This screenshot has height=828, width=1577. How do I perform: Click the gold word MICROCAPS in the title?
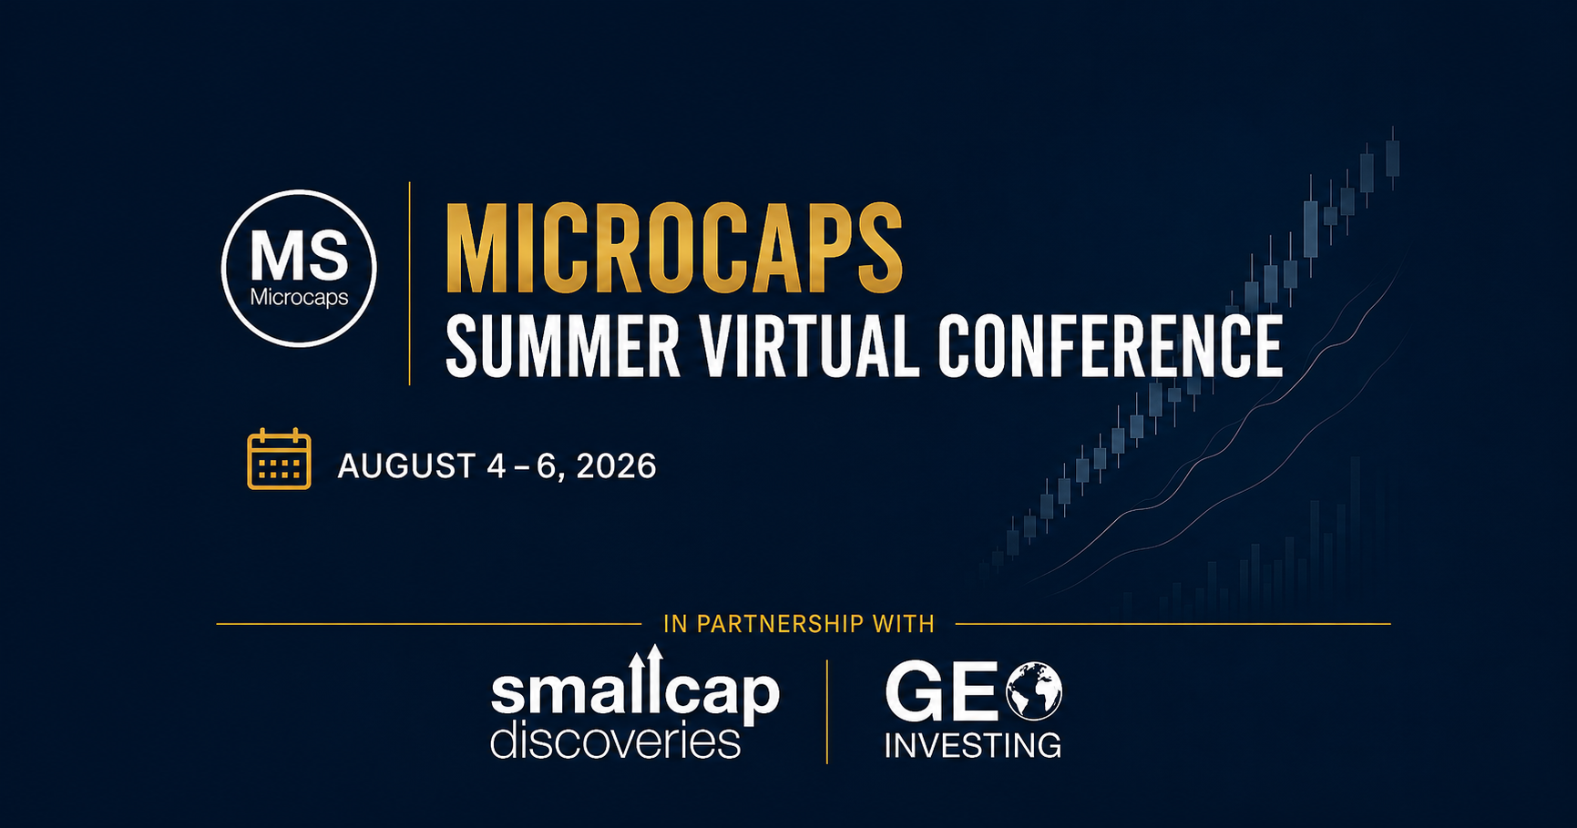point(674,249)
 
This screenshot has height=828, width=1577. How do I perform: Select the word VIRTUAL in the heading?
point(808,346)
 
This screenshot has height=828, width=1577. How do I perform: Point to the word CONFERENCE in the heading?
point(1111,346)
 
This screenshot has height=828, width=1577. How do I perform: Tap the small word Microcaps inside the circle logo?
point(299,298)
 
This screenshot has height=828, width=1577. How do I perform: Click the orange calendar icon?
point(279,459)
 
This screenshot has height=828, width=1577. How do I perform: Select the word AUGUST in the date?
point(406,466)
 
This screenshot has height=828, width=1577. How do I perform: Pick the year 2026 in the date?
point(616,466)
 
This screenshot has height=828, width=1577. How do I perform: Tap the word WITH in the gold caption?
point(903,624)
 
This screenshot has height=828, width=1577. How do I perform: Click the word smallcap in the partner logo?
point(635,692)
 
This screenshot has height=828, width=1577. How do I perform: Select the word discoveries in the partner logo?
point(615,741)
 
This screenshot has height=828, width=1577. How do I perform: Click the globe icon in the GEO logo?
point(1033,691)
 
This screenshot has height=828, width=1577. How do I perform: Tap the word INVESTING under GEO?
point(973,746)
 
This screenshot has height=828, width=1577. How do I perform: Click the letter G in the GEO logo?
point(914,692)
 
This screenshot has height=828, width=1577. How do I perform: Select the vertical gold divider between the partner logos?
point(827,711)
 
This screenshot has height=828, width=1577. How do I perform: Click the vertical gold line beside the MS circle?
point(410,283)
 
